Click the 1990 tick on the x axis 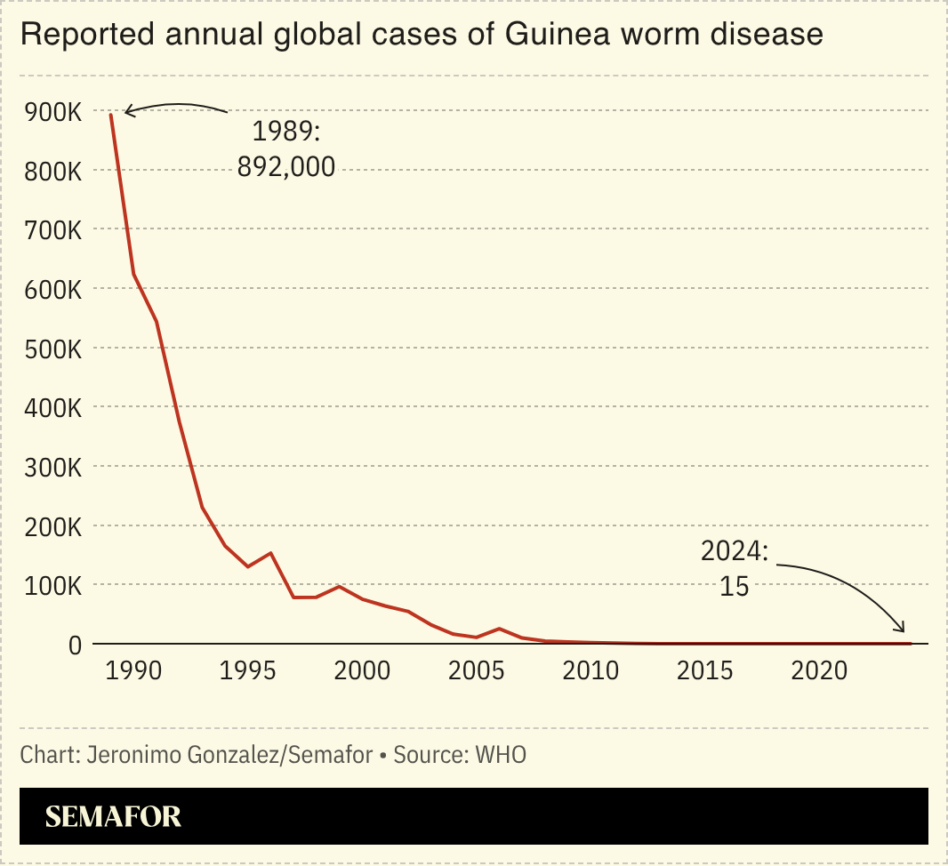pyautogui.click(x=133, y=670)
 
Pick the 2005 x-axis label pyautogui.click(x=477, y=670)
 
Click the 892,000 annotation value pyautogui.click(x=286, y=166)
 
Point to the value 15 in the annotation pyautogui.click(x=735, y=587)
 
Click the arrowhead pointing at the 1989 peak pyautogui.click(x=128, y=111)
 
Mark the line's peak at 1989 pyautogui.click(x=111, y=115)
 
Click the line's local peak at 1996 pyautogui.click(x=270, y=553)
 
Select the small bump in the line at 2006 pyautogui.click(x=499, y=629)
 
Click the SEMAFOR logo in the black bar pyautogui.click(x=113, y=816)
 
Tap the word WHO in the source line pyautogui.click(x=501, y=755)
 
